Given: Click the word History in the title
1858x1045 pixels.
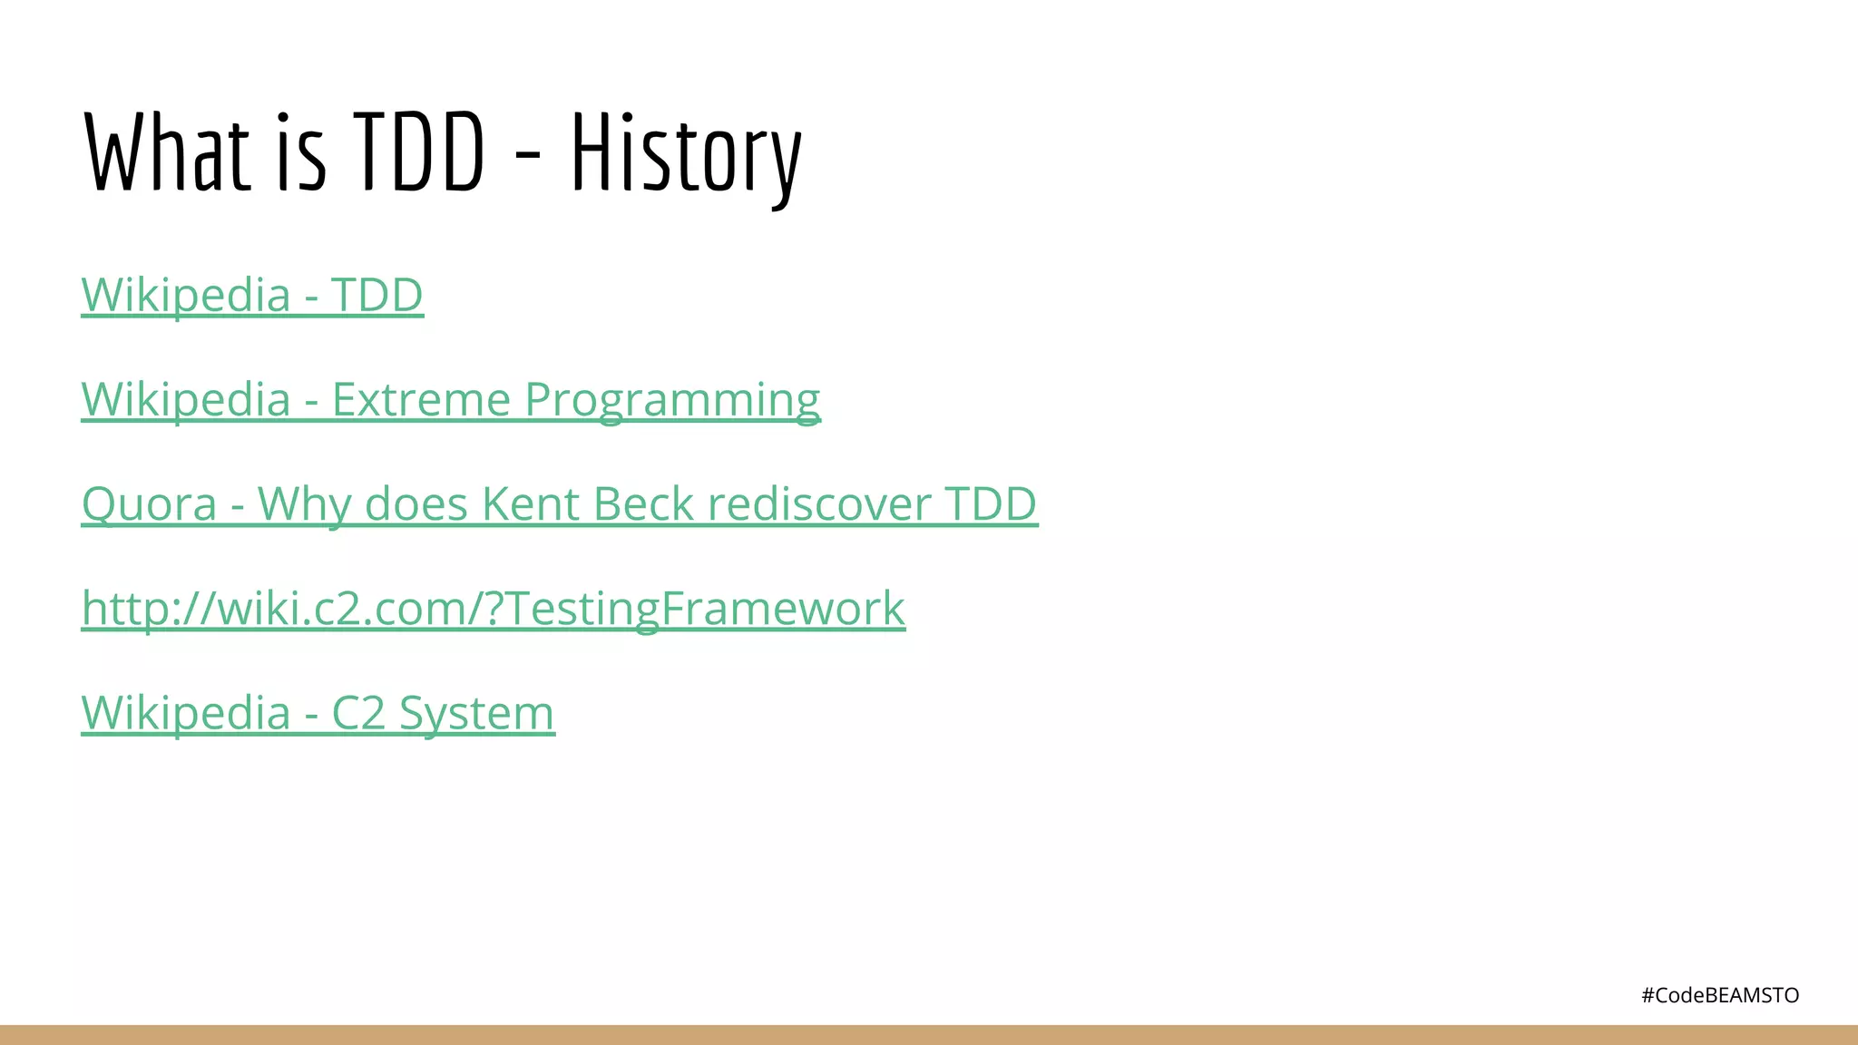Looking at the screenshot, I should pyautogui.click(x=686, y=152).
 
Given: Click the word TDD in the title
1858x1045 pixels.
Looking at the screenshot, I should pyautogui.click(x=418, y=152).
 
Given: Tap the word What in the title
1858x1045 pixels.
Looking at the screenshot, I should pyautogui.click(x=167, y=152).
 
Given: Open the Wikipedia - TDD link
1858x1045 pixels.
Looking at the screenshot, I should pyautogui.click(x=252, y=295).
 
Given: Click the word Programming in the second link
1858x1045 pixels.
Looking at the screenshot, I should pyautogui.click(x=672, y=399).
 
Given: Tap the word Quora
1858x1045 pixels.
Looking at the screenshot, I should pyautogui.click(x=149, y=503).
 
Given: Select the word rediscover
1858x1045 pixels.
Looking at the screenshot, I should pyautogui.click(x=819, y=503).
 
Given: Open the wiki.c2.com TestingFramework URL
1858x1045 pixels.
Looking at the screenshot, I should pyautogui.click(x=494, y=608).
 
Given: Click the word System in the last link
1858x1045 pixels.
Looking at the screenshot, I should pyautogui.click(x=476, y=713).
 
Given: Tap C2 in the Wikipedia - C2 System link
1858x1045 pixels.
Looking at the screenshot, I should pyautogui.click(x=358, y=713).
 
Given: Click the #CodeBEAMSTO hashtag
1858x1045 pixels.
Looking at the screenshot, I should pyautogui.click(x=1720, y=995).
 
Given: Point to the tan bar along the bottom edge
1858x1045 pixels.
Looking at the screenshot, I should pyautogui.click(x=929, y=1035).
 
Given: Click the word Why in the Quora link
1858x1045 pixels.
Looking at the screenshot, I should pyautogui.click(x=305, y=503).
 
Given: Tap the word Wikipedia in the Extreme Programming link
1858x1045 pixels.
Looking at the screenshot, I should pyautogui.click(x=186, y=399).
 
